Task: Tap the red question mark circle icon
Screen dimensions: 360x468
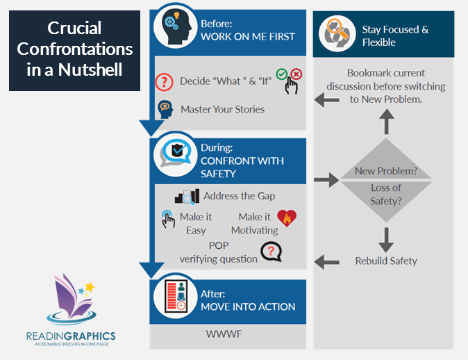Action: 165,81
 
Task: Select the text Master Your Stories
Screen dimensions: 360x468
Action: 222,109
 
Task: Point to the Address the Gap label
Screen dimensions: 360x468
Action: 239,197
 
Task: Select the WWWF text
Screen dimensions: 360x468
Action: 223,334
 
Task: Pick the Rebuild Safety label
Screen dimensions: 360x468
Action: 386,261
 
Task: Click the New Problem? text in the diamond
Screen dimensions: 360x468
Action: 386,171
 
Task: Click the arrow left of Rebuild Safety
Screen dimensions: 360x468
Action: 323,261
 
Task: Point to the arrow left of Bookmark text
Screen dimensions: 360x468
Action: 323,100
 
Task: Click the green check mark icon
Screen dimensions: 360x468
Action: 281,73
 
